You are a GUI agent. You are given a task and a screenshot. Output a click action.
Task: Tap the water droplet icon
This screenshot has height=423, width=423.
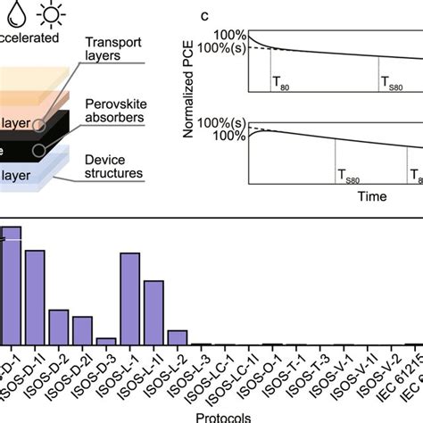pyautogui.click(x=7, y=12)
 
